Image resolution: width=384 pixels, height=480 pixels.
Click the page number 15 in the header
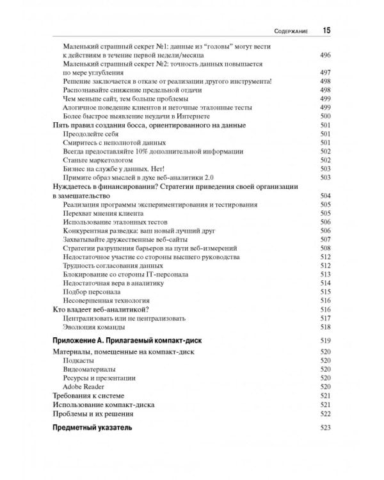coord(326,29)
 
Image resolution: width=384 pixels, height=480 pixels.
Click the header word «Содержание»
coord(290,30)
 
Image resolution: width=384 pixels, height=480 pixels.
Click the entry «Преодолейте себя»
coord(90,133)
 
